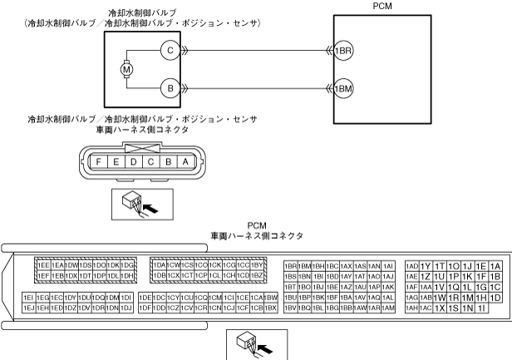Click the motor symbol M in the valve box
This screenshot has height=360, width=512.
click(x=126, y=68)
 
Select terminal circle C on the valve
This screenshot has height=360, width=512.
click(x=170, y=51)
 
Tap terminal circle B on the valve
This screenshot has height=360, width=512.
click(x=170, y=86)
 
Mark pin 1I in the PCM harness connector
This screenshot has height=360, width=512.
click(x=482, y=308)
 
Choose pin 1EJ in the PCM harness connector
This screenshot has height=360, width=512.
click(x=28, y=308)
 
